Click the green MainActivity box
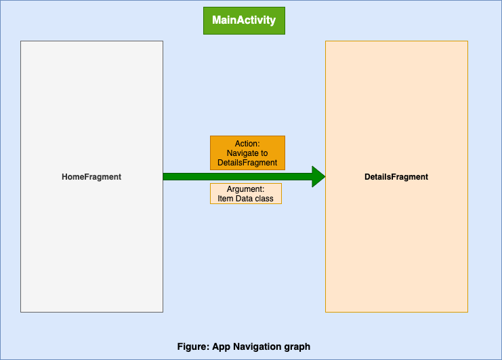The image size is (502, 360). pos(244,20)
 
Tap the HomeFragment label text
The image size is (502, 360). pos(91,177)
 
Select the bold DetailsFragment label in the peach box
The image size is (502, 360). pos(396,177)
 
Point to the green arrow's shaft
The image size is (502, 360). pos(237,176)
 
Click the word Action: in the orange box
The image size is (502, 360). pos(247,144)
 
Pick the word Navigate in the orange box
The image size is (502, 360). pos(242,153)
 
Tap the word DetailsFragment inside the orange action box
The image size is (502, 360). pos(247,163)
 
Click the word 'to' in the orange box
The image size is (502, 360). pos(264,153)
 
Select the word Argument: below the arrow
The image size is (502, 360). pos(245,189)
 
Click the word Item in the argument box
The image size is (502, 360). pos(224,199)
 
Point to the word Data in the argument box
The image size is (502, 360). pos(243,199)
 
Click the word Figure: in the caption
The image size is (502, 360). pos(193,346)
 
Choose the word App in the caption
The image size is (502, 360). pos(221,346)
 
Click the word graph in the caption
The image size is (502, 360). pos(297,346)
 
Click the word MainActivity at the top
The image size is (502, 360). pos(244,20)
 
